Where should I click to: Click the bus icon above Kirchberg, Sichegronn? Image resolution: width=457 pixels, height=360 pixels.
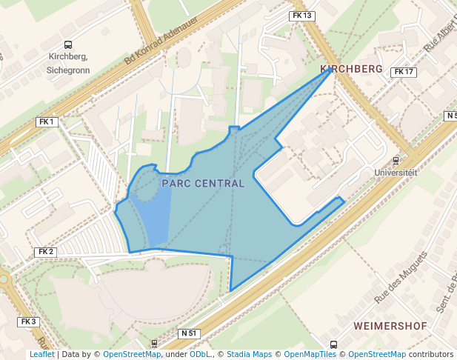68,45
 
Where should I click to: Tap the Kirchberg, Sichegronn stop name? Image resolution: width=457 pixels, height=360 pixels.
68,63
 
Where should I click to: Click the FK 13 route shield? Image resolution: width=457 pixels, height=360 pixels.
302,16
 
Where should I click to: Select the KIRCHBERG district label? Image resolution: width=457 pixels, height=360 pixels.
351,69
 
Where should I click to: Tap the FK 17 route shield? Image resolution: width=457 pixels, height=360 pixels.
404,72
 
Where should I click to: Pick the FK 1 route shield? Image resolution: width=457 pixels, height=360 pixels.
47,121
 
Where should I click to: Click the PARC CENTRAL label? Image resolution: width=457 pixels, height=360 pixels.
202,183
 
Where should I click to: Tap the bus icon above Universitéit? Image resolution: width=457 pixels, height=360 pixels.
396,159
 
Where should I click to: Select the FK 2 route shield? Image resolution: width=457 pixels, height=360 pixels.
46,252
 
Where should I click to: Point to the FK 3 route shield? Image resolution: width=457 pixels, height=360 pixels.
28,321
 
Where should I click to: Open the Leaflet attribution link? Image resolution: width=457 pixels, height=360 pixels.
41,355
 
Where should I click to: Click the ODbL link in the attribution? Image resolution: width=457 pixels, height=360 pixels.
200,355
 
